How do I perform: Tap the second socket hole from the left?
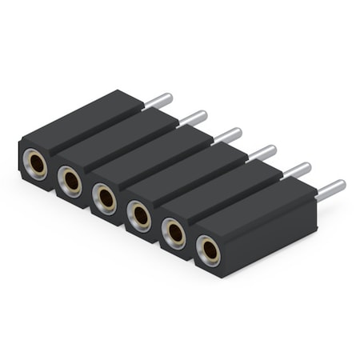[x=70, y=180]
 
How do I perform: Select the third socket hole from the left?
[x=105, y=198]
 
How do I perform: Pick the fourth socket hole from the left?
[x=139, y=215]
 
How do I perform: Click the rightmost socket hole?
[x=209, y=251]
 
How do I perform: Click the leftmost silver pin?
[x=159, y=101]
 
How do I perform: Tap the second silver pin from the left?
[x=194, y=118]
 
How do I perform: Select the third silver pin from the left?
[x=228, y=136]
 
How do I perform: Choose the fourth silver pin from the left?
[x=262, y=153]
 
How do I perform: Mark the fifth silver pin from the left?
[x=298, y=170]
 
